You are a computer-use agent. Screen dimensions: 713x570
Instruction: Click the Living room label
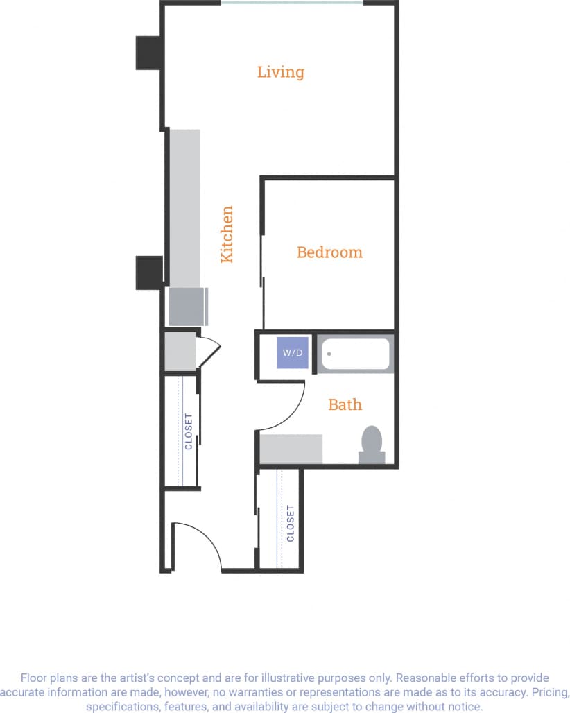(x=280, y=72)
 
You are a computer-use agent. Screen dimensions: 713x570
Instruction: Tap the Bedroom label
(x=329, y=252)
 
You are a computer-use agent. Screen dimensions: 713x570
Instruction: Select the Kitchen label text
(x=227, y=234)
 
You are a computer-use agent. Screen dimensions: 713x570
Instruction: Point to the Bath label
(x=345, y=404)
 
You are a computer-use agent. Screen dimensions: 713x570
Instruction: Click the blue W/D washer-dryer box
(x=292, y=352)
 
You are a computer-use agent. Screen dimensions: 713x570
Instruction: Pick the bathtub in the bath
(x=354, y=354)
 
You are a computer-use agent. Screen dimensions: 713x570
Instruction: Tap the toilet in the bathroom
(x=372, y=444)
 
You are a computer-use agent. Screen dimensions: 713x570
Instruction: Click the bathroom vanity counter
(x=291, y=449)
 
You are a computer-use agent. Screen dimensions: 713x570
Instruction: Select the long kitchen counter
(x=184, y=208)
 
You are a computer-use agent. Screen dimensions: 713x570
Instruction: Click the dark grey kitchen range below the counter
(x=187, y=306)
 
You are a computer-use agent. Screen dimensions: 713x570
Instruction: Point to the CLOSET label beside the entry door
(x=291, y=523)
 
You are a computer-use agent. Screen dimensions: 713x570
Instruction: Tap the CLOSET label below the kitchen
(x=189, y=431)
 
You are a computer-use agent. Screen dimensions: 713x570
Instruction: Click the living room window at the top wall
(x=292, y=3)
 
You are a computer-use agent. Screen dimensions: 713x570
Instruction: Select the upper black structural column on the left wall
(x=148, y=53)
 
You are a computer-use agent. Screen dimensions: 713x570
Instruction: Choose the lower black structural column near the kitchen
(x=148, y=273)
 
